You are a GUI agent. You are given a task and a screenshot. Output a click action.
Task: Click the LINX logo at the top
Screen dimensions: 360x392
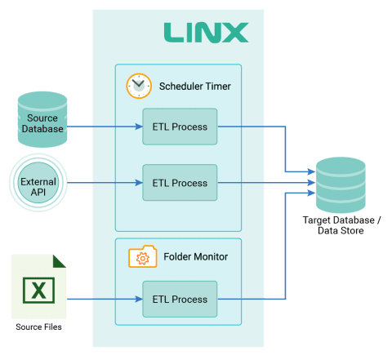point(206,33)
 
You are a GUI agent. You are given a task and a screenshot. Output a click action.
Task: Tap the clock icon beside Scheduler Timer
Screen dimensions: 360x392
point(139,85)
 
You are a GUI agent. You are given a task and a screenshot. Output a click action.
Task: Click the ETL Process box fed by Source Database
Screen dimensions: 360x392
point(180,127)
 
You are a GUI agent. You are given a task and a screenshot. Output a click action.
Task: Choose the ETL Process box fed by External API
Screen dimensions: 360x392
point(180,183)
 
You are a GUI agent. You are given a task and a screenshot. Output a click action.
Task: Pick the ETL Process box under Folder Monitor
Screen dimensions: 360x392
point(180,299)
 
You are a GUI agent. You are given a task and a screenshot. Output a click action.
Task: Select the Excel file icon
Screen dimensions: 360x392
point(38,287)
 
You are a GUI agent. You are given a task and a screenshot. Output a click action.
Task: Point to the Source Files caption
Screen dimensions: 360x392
point(38,327)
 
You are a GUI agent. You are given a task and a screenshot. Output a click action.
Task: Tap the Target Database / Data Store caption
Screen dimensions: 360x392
point(341,226)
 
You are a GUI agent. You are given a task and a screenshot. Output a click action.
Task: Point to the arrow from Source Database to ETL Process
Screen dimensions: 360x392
point(102,127)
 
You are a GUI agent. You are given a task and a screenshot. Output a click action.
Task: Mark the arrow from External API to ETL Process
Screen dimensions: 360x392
point(102,183)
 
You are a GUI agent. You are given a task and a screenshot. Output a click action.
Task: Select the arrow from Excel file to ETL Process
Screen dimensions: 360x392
point(102,299)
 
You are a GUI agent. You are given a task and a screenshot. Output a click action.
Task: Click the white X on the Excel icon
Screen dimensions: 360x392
point(38,291)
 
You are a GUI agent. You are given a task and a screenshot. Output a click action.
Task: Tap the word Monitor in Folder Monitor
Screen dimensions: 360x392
point(209,257)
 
